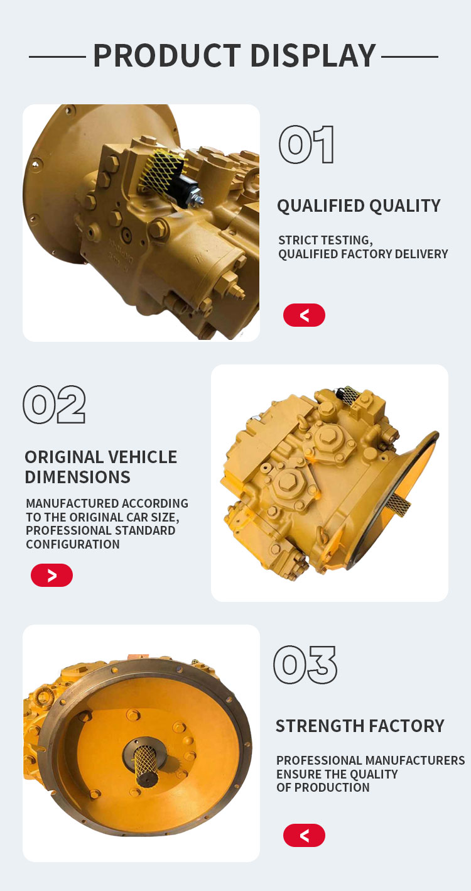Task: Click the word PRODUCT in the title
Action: pyautogui.click(x=167, y=55)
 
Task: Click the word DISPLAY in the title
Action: pyautogui.click(x=313, y=55)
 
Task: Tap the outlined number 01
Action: pyautogui.click(x=306, y=145)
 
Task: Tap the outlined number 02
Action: pyautogui.click(x=55, y=405)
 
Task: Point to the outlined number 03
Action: pyautogui.click(x=305, y=665)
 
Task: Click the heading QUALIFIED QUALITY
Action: pyautogui.click(x=359, y=205)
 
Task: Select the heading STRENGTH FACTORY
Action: pyautogui.click(x=360, y=726)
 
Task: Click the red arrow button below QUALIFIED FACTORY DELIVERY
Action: pyautogui.click(x=304, y=315)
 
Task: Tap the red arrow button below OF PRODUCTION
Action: pyautogui.click(x=304, y=835)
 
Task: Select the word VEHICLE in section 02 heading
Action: pyautogui.click(x=143, y=457)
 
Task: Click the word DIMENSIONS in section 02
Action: pyautogui.click(x=77, y=477)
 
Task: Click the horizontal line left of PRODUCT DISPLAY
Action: pyautogui.click(x=57, y=57)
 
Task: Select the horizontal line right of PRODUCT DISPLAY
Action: pyautogui.click(x=410, y=57)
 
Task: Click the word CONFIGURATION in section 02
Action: pyautogui.click(x=73, y=544)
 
